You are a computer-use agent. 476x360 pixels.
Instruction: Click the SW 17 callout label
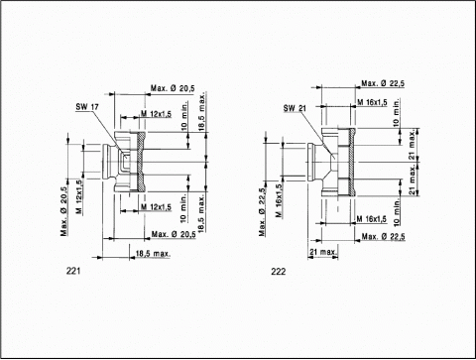click(x=87, y=107)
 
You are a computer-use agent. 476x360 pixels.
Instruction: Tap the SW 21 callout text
click(x=295, y=108)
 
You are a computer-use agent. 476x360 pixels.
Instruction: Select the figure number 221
click(x=73, y=271)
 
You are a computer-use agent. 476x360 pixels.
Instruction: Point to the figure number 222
click(x=279, y=272)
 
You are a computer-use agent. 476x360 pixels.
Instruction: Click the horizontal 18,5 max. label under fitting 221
click(x=153, y=254)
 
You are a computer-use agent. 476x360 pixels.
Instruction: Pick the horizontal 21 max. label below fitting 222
click(x=323, y=252)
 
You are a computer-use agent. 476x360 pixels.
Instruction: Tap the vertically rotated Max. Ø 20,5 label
click(x=63, y=211)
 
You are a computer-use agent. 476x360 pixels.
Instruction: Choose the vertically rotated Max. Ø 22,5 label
click(x=262, y=212)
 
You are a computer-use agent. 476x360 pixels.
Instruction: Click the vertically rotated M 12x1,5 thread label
click(x=79, y=196)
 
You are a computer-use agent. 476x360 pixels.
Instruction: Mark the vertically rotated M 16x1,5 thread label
click(x=279, y=200)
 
